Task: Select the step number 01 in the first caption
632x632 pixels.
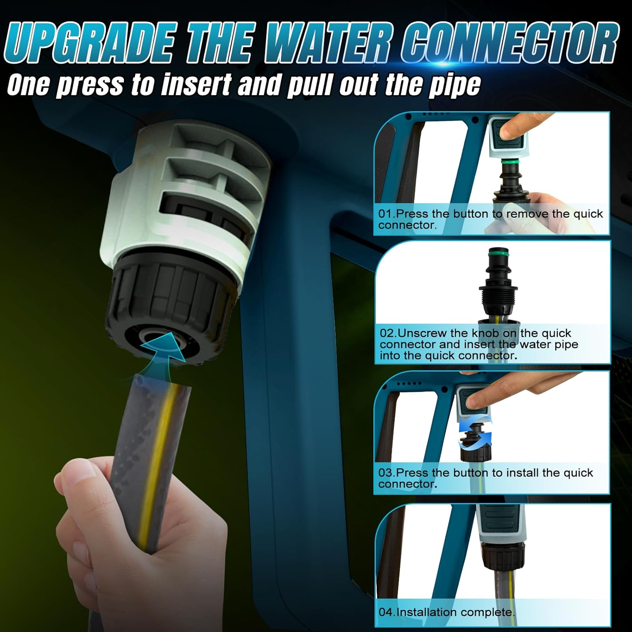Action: click(385, 214)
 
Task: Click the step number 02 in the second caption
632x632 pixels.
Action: click(387, 333)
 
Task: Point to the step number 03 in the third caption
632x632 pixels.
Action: click(385, 472)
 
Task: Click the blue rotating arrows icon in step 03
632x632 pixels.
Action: click(475, 431)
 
